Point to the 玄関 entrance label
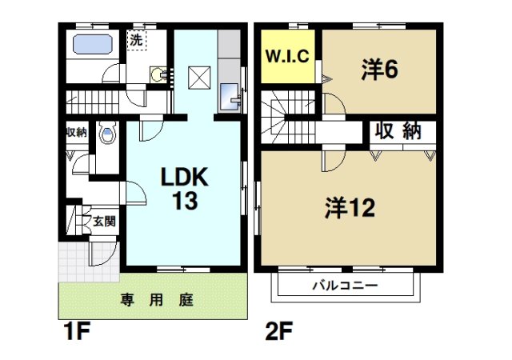pos(103,220)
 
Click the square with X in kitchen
pos(198,78)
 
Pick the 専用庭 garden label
pos(157,300)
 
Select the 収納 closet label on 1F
pos(76,133)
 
